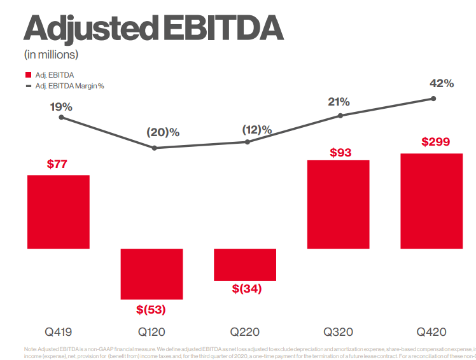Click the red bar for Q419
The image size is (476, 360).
[x=59, y=211]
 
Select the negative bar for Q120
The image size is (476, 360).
[x=152, y=273]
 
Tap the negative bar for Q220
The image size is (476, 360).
[x=245, y=265]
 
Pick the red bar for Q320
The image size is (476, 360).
[x=338, y=204]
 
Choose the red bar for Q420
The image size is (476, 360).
[x=431, y=201]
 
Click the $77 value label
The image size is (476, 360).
[x=57, y=164]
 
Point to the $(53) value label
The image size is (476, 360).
[x=151, y=310]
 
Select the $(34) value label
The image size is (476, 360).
[x=246, y=289]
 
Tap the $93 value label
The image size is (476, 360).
[x=340, y=153]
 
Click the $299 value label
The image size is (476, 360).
[x=436, y=142]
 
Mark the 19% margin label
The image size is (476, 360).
[x=61, y=107]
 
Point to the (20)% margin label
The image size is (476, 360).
[x=163, y=132]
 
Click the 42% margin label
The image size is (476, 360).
[x=441, y=83]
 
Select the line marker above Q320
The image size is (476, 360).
[x=340, y=116]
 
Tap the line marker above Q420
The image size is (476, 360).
[x=433, y=99]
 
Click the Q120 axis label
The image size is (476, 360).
[x=152, y=332]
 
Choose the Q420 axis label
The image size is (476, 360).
[x=431, y=332]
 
